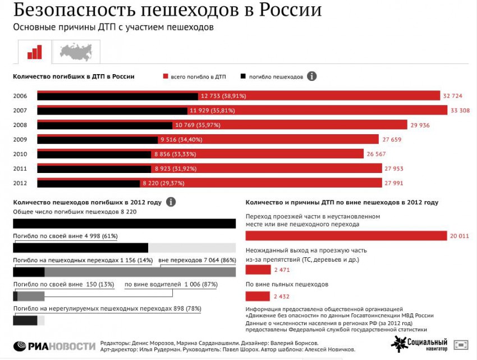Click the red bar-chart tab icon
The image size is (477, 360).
pyautogui.click(x=34, y=52)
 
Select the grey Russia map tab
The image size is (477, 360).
pyautogui.click(x=76, y=52)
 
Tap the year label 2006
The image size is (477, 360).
pyautogui.click(x=20, y=96)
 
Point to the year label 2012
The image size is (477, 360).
pyautogui.click(x=20, y=183)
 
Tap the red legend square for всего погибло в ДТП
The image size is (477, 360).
pyautogui.click(x=166, y=76)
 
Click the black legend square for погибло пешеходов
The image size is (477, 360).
pyautogui.click(x=242, y=76)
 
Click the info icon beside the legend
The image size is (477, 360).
pyautogui.click(x=312, y=76)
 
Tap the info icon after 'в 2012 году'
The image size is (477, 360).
pyautogui.click(x=171, y=202)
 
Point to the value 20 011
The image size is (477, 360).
pyautogui.click(x=459, y=236)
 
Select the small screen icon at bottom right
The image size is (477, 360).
pyautogui.click(x=461, y=344)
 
